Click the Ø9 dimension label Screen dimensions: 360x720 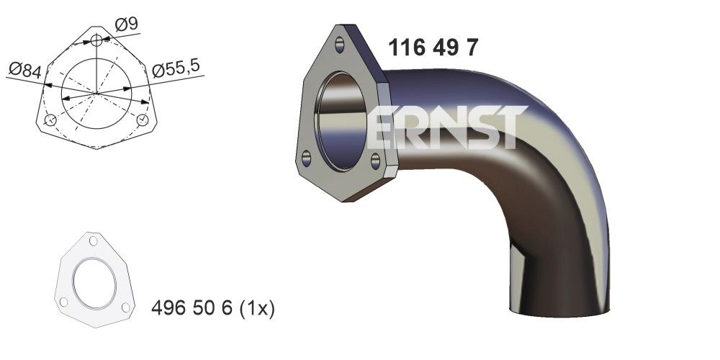pos(127,24)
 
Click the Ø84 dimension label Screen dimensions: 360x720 pos(24,70)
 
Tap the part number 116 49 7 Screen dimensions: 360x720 pos(433,48)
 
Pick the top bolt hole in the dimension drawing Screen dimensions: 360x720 pos(98,40)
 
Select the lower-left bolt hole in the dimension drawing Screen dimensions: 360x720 pos(50,120)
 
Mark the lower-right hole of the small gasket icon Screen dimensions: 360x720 pos(125,307)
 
